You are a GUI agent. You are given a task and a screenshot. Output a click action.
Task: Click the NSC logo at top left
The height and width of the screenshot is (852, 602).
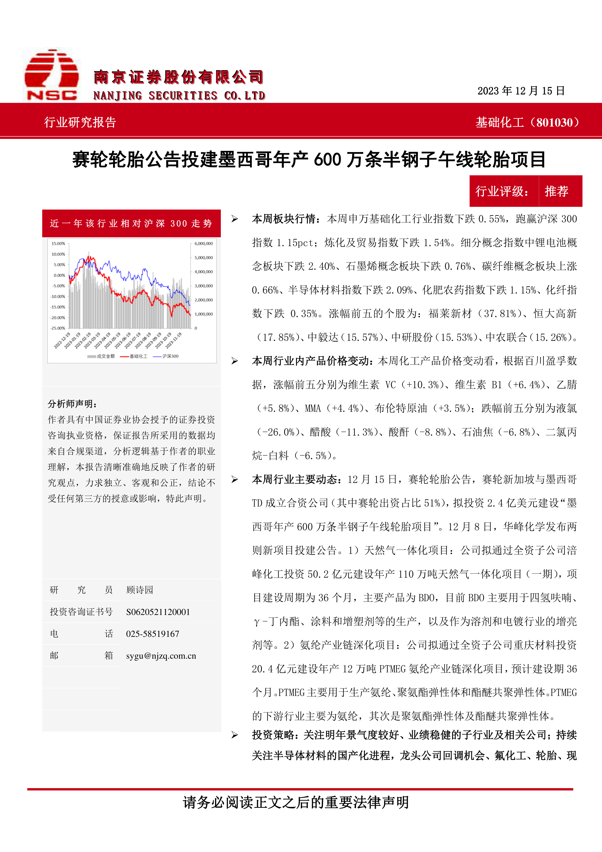point(51,75)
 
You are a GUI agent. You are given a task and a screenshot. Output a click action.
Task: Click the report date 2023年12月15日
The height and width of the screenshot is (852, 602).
point(521,91)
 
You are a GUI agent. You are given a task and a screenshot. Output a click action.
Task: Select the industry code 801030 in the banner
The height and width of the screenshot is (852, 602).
point(554,122)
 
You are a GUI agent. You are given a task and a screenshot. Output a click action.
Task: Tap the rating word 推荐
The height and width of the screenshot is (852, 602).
point(556,191)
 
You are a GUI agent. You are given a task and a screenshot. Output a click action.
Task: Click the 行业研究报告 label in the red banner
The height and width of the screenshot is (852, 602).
point(80,122)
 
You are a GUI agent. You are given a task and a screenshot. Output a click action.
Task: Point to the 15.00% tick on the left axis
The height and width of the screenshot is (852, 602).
point(58,243)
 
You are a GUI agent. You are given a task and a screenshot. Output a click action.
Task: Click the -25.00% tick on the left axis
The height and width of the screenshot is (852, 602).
point(58,328)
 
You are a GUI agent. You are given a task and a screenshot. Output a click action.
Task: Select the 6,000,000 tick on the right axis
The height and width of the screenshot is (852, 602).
point(204,243)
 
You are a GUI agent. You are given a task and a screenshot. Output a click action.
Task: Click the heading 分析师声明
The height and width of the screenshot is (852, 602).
point(72,404)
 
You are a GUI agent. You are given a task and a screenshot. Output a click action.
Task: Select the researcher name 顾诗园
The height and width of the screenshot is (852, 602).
point(139,590)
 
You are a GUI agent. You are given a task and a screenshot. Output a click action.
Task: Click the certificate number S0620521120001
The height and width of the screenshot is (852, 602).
point(158,612)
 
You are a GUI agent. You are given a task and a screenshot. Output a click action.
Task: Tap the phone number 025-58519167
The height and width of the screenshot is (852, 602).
point(152,634)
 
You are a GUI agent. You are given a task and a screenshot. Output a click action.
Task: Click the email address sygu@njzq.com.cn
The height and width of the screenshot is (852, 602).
point(161,656)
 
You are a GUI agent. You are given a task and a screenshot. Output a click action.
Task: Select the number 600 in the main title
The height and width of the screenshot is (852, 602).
point(327,160)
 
